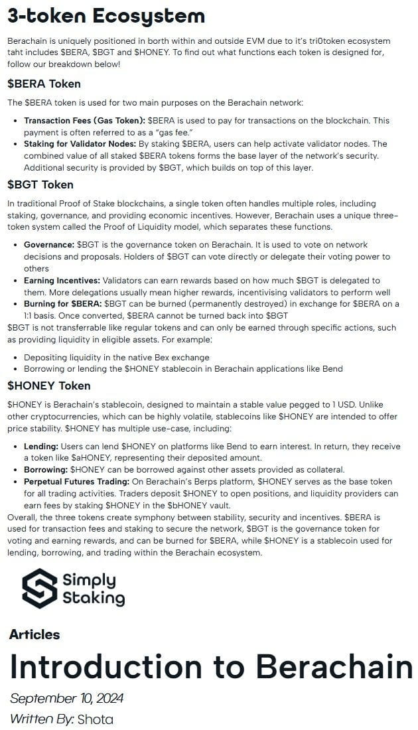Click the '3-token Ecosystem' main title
[x=106, y=16]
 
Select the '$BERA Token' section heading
[x=44, y=84]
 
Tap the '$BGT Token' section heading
[x=40, y=184]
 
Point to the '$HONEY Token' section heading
[x=49, y=386]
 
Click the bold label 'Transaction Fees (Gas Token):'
[x=84, y=121]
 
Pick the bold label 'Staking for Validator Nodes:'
[x=80, y=144]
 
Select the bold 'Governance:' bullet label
[x=49, y=245]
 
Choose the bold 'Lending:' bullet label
[x=41, y=447]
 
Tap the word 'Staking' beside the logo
[x=93, y=598]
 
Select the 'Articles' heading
[x=35, y=634]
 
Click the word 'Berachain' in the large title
[x=334, y=666]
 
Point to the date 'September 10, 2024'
[x=66, y=698]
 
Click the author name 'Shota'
[x=95, y=719]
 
